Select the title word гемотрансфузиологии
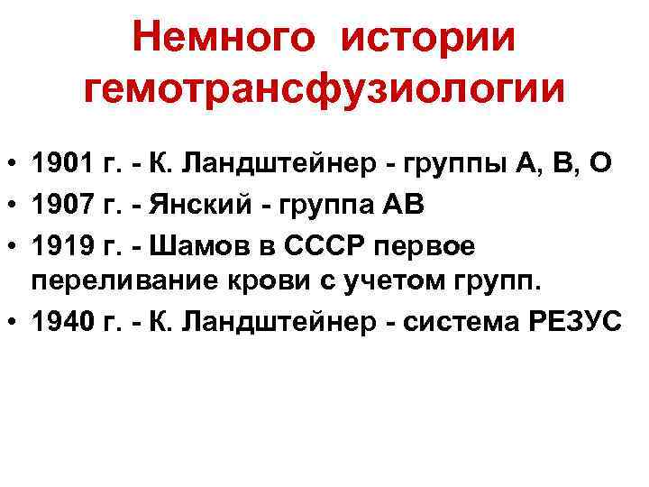tap(324, 88)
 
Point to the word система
tap(455, 322)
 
